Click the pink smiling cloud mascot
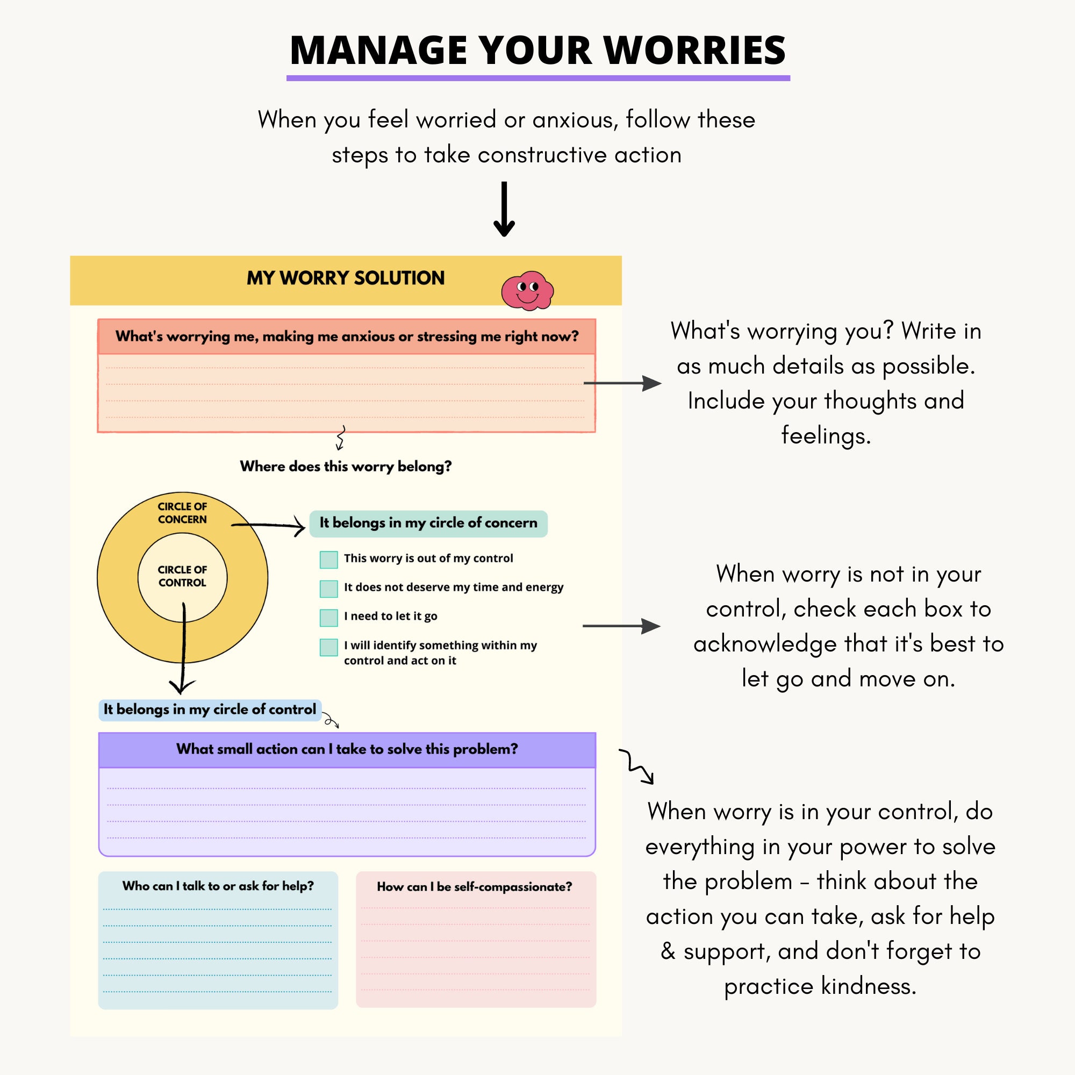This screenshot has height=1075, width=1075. pyautogui.click(x=527, y=290)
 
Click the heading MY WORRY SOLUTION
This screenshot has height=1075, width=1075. pyautogui.click(x=346, y=278)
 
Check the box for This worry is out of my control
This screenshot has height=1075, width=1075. pyautogui.click(x=329, y=559)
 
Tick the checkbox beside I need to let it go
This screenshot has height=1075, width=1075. pyautogui.click(x=329, y=617)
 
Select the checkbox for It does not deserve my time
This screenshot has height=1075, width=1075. pyautogui.click(x=329, y=588)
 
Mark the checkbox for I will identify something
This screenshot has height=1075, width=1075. pyautogui.click(x=329, y=647)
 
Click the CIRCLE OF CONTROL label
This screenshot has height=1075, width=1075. pyautogui.click(x=182, y=576)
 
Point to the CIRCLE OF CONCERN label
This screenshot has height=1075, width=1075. pyautogui.click(x=182, y=512)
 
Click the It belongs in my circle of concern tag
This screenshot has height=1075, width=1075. pyautogui.click(x=428, y=523)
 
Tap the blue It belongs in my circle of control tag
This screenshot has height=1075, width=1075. pyautogui.click(x=210, y=709)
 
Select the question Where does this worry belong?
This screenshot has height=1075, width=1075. pyautogui.click(x=346, y=466)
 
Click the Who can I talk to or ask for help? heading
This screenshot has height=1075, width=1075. pyautogui.click(x=218, y=886)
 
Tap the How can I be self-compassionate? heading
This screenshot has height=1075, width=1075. pyautogui.click(x=474, y=887)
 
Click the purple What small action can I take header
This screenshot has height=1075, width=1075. pyautogui.click(x=347, y=749)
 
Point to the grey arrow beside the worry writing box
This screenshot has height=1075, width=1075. pyautogui.click(x=622, y=383)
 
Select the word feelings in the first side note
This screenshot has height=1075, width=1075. pyautogui.click(x=825, y=435)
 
